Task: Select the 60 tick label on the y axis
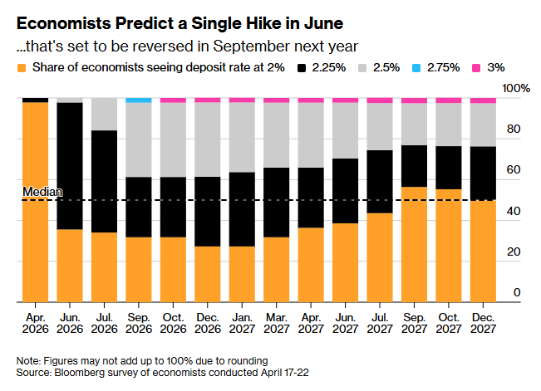pos(514,170)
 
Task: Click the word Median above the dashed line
pos(42,192)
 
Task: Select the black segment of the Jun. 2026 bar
pos(69,166)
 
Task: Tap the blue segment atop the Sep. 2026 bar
pos(138,100)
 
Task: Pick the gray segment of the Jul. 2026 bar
pos(104,114)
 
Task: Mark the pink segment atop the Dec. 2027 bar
pos(483,100)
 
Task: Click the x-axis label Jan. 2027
pos(242,322)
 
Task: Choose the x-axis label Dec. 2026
pos(207,322)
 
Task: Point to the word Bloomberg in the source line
pos(81,372)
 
